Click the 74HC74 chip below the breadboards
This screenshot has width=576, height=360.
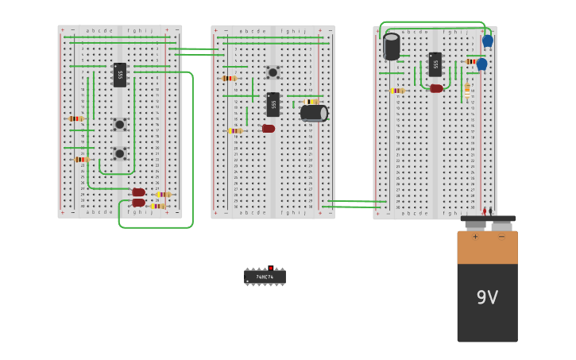point(265,277)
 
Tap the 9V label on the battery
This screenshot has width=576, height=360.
point(487,297)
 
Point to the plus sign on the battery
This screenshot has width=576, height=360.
point(475,237)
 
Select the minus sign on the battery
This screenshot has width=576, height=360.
point(501,237)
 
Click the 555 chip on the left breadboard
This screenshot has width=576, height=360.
point(120,75)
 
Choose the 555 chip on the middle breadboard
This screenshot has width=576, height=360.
point(273,104)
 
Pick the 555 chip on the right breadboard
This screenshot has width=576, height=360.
point(435,64)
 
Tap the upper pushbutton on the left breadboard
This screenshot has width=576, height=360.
point(119,124)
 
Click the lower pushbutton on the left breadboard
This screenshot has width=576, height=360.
point(119,153)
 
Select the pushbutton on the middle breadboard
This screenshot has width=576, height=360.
point(273,72)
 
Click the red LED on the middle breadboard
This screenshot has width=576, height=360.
point(269,129)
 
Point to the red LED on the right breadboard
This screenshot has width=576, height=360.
point(436,88)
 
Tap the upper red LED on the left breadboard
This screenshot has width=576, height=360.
point(138,192)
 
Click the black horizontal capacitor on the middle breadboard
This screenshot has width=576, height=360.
point(313,113)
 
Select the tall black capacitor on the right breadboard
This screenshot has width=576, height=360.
point(391,46)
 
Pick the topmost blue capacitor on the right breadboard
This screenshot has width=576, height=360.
point(488,41)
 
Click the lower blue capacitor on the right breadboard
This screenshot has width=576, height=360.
point(481,64)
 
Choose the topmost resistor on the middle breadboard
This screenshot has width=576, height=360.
point(230,78)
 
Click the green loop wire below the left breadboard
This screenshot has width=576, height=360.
point(156,227)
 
